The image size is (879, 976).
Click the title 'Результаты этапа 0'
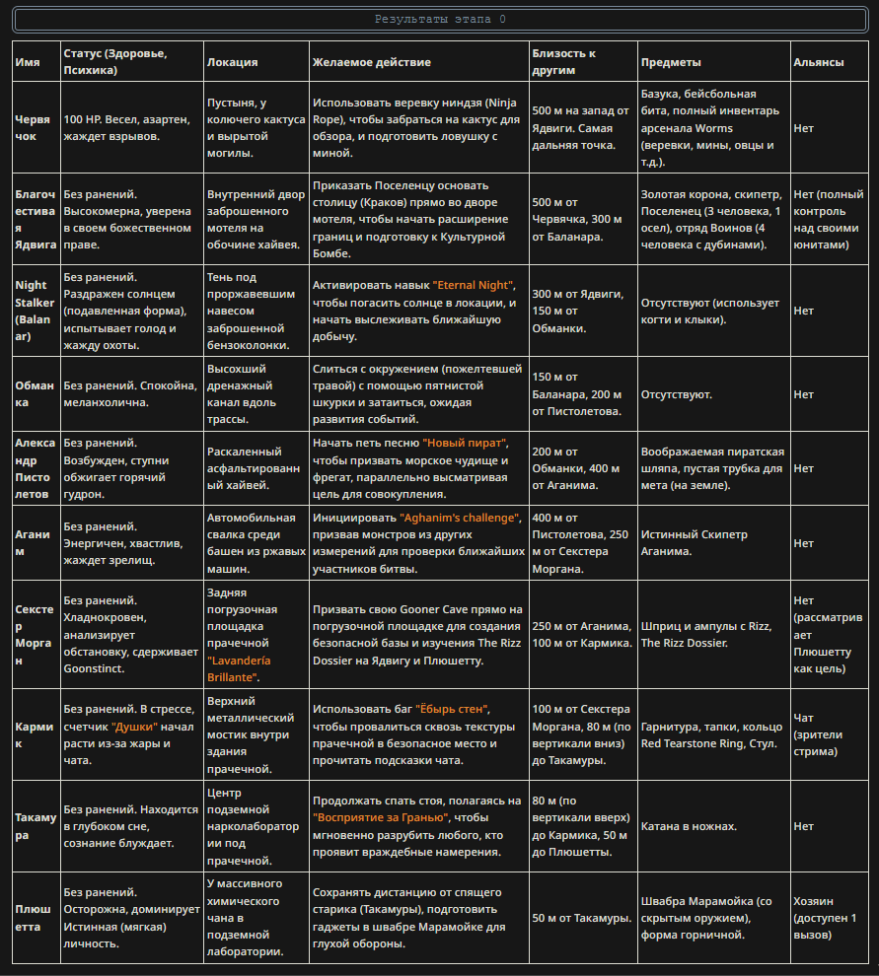tap(440, 20)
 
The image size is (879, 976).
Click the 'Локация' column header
tap(232, 62)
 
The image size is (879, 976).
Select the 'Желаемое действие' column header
tap(372, 62)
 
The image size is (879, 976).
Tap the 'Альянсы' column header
tap(818, 62)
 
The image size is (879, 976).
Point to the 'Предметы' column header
tap(671, 62)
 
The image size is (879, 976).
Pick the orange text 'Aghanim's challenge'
tap(459, 518)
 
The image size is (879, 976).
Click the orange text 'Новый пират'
tap(464, 444)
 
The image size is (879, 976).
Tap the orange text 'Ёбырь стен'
tap(453, 709)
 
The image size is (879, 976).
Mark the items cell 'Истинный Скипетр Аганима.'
tap(695, 542)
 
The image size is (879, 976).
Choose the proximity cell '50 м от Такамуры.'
tap(581, 918)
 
